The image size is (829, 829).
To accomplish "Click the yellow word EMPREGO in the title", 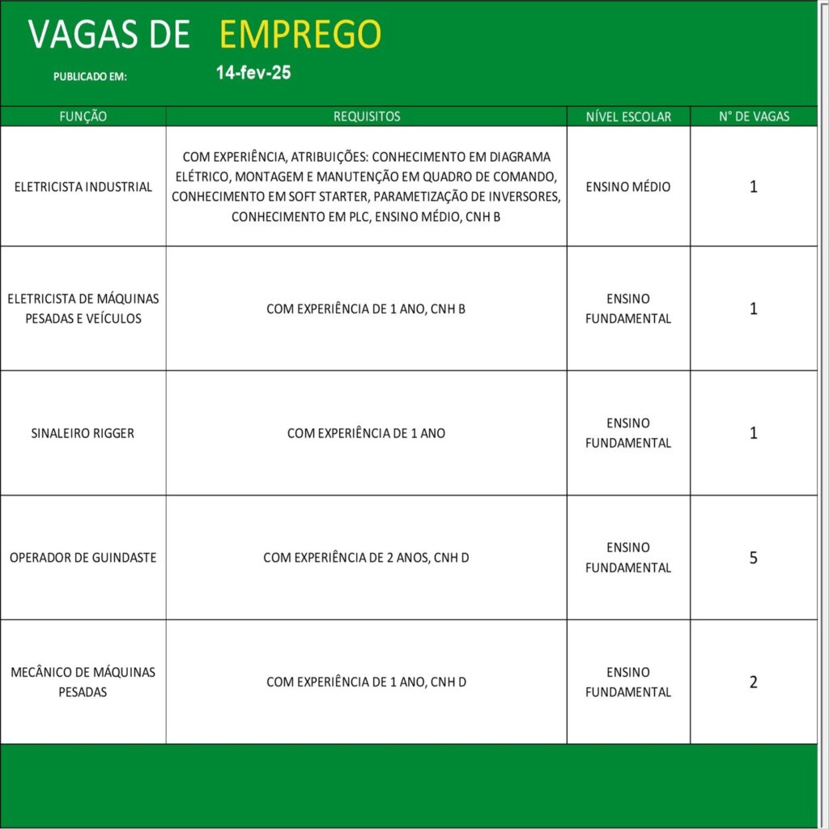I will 300,35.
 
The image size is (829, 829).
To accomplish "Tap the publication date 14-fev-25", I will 253,73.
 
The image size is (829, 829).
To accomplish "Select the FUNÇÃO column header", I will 83,117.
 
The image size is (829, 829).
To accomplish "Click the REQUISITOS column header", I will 367,117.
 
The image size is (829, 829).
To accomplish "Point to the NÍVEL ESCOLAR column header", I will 628,117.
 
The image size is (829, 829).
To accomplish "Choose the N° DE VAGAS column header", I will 754,117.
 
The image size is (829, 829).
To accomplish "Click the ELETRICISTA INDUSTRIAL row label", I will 83,187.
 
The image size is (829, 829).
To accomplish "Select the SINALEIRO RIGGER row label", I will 83,433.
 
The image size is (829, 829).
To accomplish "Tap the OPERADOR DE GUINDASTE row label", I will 83,558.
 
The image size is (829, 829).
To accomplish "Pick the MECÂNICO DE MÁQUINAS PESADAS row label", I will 83,682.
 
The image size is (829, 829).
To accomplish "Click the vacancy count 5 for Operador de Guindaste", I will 754,558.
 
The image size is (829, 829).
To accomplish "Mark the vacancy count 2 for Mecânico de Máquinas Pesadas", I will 754,682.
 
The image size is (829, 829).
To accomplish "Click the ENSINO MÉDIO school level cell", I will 628,187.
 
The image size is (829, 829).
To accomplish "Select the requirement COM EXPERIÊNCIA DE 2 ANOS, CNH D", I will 367,558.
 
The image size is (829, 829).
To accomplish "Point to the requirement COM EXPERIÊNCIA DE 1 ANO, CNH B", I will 367,308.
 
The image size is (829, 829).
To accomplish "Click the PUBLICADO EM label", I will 91,77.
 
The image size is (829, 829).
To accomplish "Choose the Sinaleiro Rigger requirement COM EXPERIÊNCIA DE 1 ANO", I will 367,433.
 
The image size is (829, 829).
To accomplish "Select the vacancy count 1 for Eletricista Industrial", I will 754,187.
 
